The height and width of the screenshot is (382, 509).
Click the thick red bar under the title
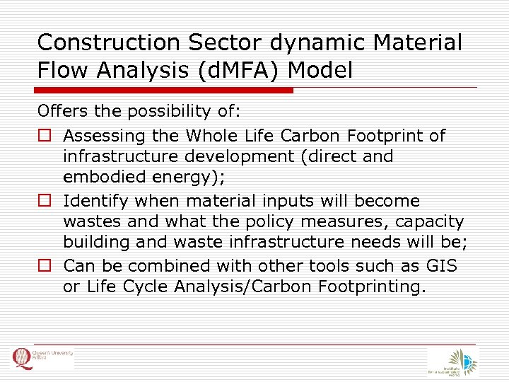click(x=165, y=91)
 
